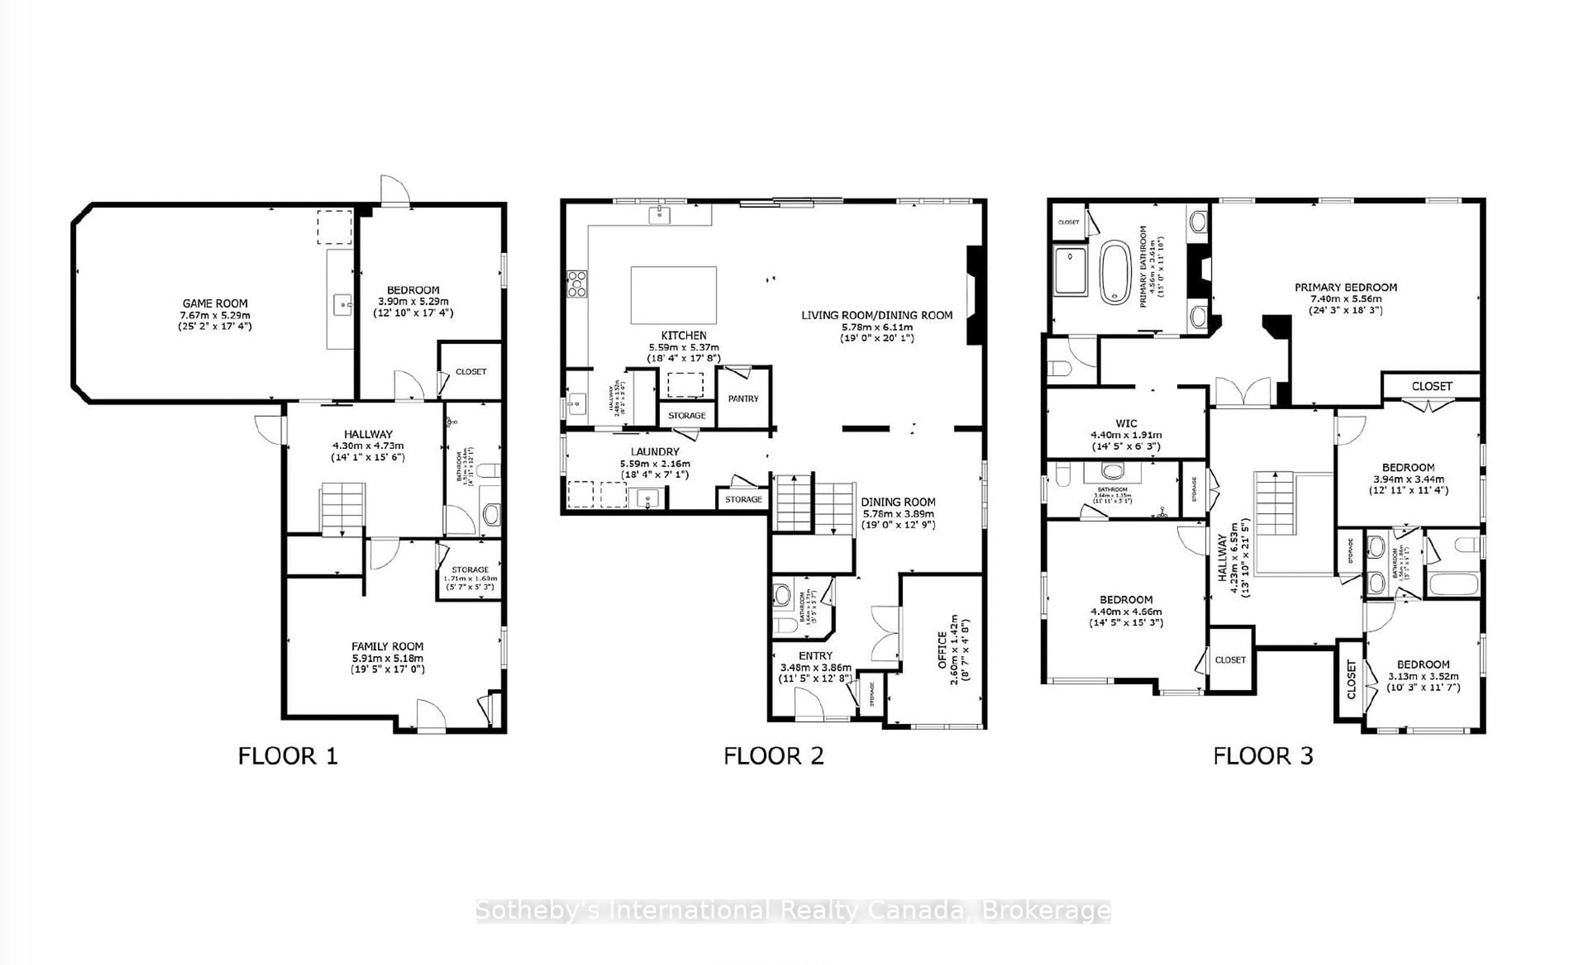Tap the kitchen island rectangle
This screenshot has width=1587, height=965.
click(673, 295)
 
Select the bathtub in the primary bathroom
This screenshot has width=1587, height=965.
click(1115, 272)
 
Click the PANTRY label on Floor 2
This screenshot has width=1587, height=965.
click(743, 399)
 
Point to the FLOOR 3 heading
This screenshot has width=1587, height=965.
click(1263, 756)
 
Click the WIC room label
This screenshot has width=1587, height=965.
click(1126, 423)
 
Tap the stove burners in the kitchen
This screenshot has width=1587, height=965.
click(577, 284)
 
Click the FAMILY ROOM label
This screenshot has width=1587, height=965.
click(387, 647)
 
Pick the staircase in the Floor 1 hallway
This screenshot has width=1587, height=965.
click(342, 509)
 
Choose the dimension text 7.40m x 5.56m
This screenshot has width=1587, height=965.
click(1346, 299)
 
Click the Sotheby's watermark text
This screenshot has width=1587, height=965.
click(793, 910)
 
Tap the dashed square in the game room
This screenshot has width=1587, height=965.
click(334, 227)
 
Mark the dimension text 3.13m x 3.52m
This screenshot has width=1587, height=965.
click(1423, 676)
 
